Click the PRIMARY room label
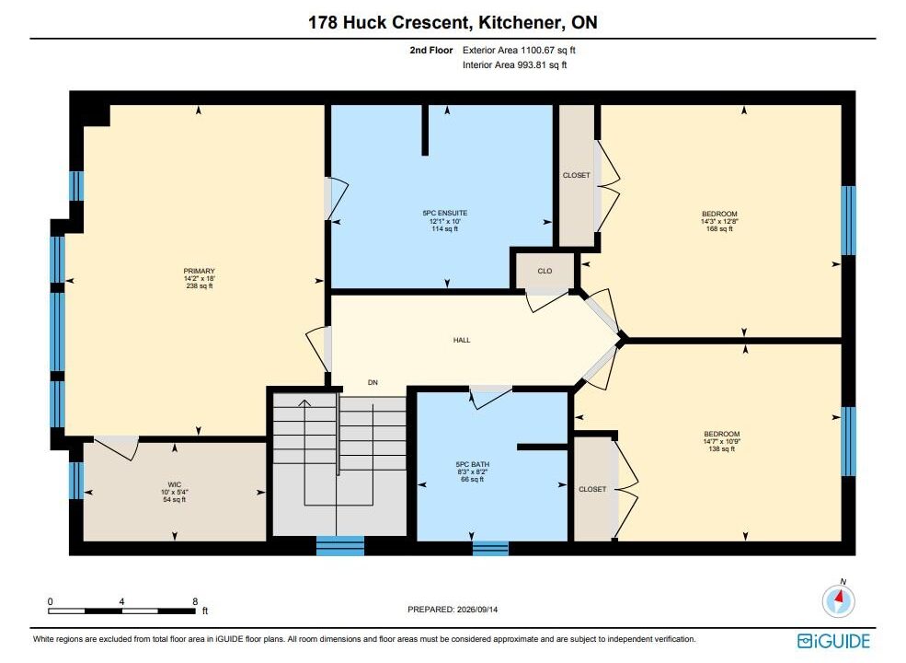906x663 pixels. (x=200, y=271)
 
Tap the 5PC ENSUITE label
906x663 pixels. (x=445, y=213)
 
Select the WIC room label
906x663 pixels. (x=175, y=484)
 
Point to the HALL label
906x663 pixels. (x=462, y=340)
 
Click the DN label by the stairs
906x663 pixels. (x=373, y=382)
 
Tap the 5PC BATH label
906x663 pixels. (x=473, y=464)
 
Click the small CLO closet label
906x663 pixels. (x=545, y=271)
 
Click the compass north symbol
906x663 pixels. (x=839, y=600)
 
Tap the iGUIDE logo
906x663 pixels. (x=833, y=641)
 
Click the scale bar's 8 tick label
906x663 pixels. (x=195, y=601)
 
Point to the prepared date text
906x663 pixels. (x=453, y=610)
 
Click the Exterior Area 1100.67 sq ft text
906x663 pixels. (x=519, y=51)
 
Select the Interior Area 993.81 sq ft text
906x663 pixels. (x=514, y=64)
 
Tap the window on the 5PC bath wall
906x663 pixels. (x=490, y=548)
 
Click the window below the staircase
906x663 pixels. (x=340, y=545)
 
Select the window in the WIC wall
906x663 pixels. (x=76, y=480)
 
